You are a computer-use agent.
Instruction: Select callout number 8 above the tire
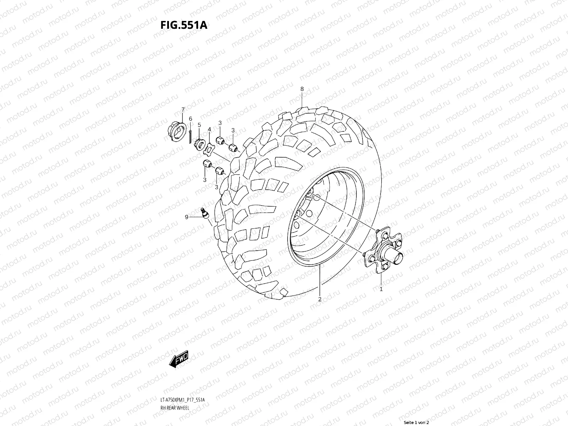point(302,89)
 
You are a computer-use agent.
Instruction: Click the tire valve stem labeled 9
point(204,214)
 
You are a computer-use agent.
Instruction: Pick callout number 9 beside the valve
point(186,217)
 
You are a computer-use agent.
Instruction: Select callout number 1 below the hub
point(381,289)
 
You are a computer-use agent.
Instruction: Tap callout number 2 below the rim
point(319,299)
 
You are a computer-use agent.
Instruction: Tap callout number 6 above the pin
point(190,119)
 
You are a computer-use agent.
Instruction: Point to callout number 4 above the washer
point(209,129)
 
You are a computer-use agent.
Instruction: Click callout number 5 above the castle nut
point(199,125)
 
